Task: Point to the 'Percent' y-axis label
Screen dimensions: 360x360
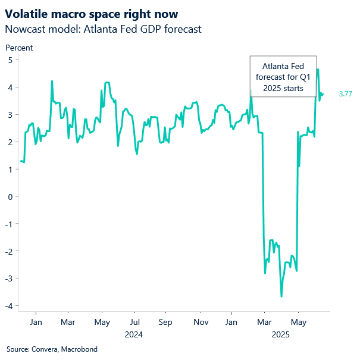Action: (x=18, y=48)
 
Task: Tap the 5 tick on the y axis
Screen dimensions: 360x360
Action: (x=10, y=60)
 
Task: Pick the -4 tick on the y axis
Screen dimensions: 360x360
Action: (x=9, y=306)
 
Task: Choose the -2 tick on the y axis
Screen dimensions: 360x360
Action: (x=9, y=251)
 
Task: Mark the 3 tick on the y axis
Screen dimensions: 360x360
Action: (x=10, y=115)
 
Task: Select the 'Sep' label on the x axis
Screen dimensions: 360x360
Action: (x=165, y=322)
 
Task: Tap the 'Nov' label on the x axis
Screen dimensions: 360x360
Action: (x=201, y=322)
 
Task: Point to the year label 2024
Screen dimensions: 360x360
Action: (x=134, y=334)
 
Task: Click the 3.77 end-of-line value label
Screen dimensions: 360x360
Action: (x=346, y=94)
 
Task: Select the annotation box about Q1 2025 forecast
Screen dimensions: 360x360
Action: (x=283, y=77)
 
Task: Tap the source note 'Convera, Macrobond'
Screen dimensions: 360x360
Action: (x=52, y=349)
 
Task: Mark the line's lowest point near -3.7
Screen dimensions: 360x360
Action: (x=281, y=296)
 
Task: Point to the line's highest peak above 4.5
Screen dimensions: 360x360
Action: (x=318, y=70)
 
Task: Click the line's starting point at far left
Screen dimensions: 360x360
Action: (x=21, y=161)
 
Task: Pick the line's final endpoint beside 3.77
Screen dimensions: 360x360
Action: (x=323, y=93)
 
